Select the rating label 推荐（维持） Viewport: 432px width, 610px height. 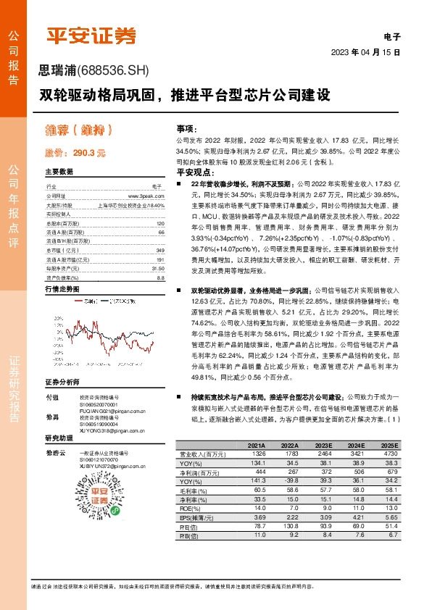coord(78,130)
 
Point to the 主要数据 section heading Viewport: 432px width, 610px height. coord(59,172)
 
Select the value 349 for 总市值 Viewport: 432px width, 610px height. coord(160,230)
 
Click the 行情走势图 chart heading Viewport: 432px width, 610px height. coord(62,268)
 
